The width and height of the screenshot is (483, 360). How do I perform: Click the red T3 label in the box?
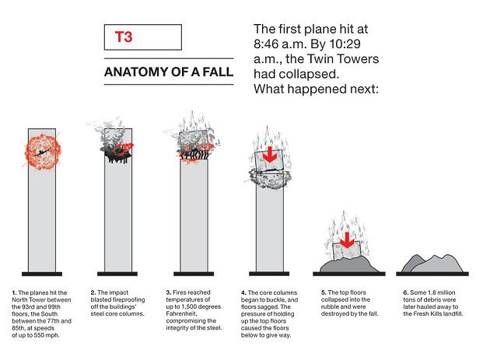pyautogui.click(x=124, y=37)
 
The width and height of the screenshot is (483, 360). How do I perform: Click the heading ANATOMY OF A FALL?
pyautogui.click(x=169, y=72)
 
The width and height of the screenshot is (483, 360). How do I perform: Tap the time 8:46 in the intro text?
pyautogui.click(x=266, y=44)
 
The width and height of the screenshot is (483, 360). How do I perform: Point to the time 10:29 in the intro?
pyautogui.click(x=345, y=44)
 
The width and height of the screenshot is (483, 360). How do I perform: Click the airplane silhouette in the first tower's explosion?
pyautogui.click(x=42, y=152)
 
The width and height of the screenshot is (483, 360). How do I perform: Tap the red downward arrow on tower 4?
pyautogui.click(x=270, y=155)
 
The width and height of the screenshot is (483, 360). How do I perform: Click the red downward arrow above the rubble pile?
pyautogui.click(x=347, y=240)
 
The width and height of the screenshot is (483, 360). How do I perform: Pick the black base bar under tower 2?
pyautogui.click(x=117, y=274)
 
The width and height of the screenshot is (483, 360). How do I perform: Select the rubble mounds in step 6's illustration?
pyautogui.click(x=432, y=264)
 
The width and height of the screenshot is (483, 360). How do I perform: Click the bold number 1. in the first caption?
pyautogui.click(x=15, y=292)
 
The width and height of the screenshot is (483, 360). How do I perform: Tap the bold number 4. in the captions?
pyautogui.click(x=243, y=292)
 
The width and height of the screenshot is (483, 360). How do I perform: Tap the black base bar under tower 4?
pyautogui.click(x=269, y=274)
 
